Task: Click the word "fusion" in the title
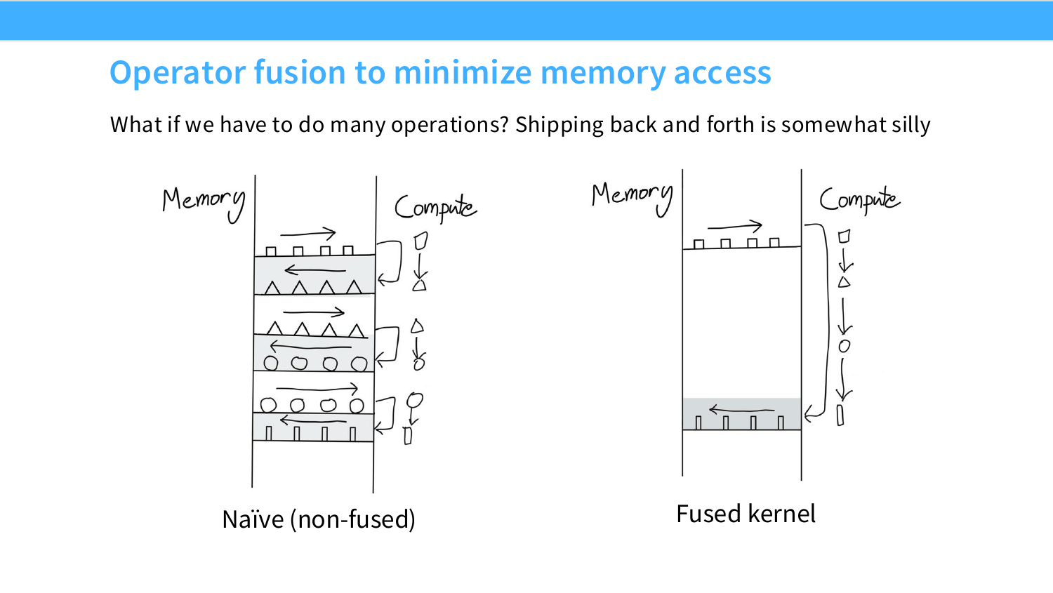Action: click(x=300, y=72)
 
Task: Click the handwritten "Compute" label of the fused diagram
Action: click(x=860, y=200)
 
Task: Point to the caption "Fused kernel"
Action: click(x=746, y=513)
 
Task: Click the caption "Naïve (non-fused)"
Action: click(x=319, y=519)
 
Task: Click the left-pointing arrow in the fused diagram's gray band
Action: click(x=741, y=410)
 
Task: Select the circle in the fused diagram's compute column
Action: click(x=845, y=346)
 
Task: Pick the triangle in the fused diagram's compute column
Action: click(x=845, y=282)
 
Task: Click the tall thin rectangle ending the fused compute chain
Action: click(x=840, y=415)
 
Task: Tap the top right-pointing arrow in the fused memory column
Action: click(x=735, y=226)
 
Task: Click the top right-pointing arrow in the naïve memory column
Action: click(x=308, y=232)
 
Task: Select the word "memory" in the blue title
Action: click(x=603, y=73)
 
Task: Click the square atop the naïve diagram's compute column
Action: click(x=420, y=241)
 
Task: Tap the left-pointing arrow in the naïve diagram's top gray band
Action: click(x=315, y=270)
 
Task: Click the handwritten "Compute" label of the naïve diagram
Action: click(x=435, y=208)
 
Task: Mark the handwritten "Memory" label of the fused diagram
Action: click(x=633, y=199)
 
